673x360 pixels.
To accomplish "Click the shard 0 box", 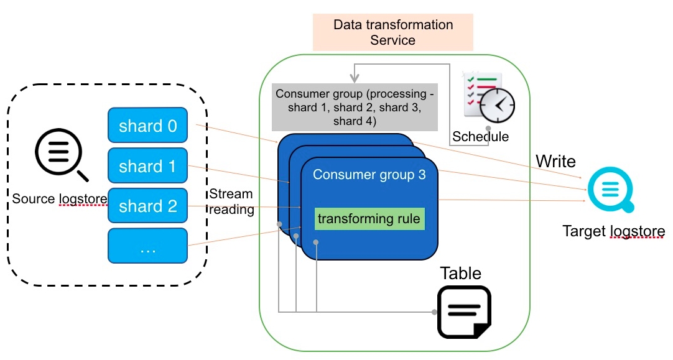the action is click(x=147, y=125).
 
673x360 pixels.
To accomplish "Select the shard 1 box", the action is click(x=147, y=165).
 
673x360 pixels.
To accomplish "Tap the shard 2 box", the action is click(x=147, y=206).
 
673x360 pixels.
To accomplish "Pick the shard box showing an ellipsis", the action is click(x=147, y=246).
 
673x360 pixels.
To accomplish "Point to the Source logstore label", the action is click(x=60, y=199).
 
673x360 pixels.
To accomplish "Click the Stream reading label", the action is click(x=231, y=201).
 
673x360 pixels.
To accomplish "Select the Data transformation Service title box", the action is click(x=392, y=32).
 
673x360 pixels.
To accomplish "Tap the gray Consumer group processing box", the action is click(x=355, y=107).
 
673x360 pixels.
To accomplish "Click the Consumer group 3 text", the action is click(x=369, y=174).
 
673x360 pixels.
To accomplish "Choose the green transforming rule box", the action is click(x=369, y=219).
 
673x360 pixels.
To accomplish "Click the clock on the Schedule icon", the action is click(x=497, y=106).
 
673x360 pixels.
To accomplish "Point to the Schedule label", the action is click(x=480, y=136).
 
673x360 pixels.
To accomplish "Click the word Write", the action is click(x=556, y=161).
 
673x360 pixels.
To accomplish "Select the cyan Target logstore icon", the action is click(x=610, y=190).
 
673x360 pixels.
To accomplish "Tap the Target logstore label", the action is click(x=614, y=231).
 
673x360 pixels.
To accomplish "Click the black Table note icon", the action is click(x=464, y=312).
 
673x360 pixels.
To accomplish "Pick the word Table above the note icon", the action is click(x=460, y=274).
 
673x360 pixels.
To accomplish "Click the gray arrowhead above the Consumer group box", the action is click(x=354, y=78).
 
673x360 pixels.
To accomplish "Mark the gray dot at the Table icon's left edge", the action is click(x=434, y=312).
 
